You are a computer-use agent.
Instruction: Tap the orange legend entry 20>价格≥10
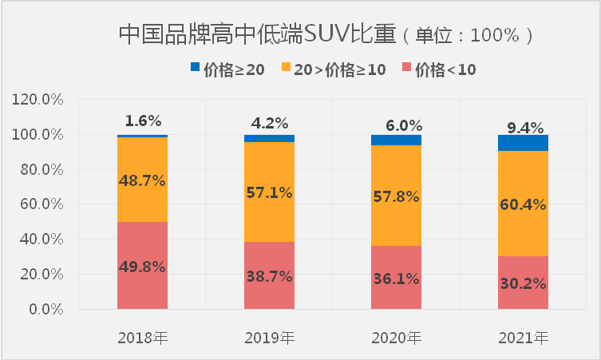334,69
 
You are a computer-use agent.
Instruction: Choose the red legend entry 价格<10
438,69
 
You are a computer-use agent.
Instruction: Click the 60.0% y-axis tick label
40,204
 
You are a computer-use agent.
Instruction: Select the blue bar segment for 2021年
523,143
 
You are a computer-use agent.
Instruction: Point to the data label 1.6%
143,121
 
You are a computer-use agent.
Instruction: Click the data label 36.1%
396,279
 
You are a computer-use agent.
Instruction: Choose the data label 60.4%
523,205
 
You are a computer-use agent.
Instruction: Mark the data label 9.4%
524,127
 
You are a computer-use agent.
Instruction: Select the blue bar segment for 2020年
396,140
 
